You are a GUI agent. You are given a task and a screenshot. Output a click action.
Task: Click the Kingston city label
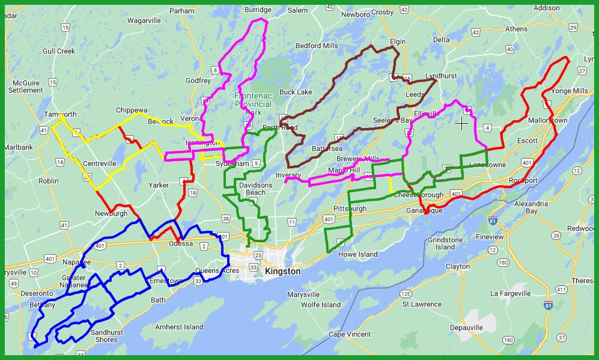click(x=282, y=272)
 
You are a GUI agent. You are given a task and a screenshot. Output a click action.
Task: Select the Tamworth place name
click(x=60, y=114)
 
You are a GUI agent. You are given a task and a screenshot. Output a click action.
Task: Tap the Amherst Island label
click(x=179, y=327)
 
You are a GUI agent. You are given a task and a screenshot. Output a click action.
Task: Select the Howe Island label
click(x=358, y=254)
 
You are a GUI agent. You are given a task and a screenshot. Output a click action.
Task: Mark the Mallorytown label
click(x=547, y=120)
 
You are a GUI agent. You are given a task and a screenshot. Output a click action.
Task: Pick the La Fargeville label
click(x=511, y=293)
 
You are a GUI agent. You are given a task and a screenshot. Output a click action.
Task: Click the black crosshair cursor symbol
click(x=461, y=123)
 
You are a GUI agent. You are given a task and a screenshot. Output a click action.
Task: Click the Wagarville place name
click(x=144, y=20)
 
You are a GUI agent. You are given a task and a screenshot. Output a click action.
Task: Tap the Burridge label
click(x=258, y=10)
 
